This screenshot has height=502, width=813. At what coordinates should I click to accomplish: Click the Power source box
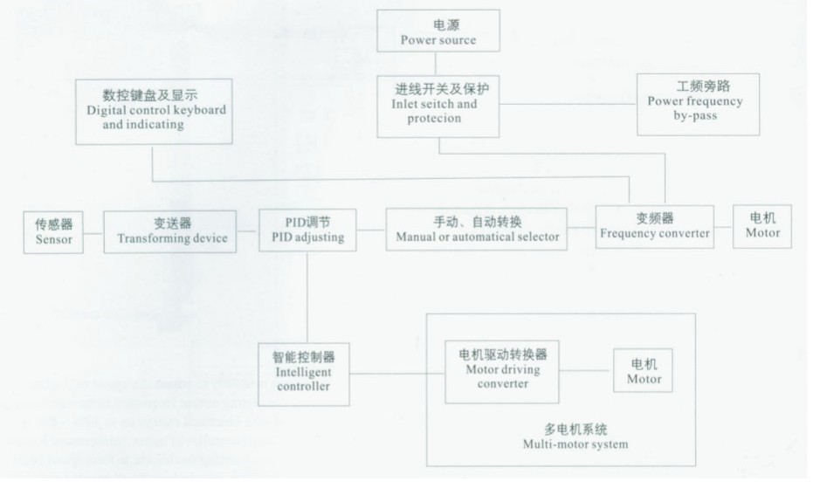click(438, 31)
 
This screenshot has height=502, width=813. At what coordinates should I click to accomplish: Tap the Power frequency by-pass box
click(698, 104)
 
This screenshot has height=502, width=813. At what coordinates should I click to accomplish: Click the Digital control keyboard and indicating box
click(154, 111)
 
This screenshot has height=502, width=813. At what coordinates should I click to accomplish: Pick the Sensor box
click(55, 231)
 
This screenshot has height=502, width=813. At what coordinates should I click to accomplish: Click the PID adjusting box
click(307, 230)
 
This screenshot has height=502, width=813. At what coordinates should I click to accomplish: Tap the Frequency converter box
click(654, 227)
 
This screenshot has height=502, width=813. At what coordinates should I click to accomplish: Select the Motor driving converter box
click(501, 370)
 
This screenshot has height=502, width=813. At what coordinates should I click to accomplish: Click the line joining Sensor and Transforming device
click(95, 231)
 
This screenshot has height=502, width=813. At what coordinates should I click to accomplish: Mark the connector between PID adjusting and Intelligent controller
click(307, 297)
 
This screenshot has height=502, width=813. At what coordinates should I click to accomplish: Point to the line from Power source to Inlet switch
click(438, 64)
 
